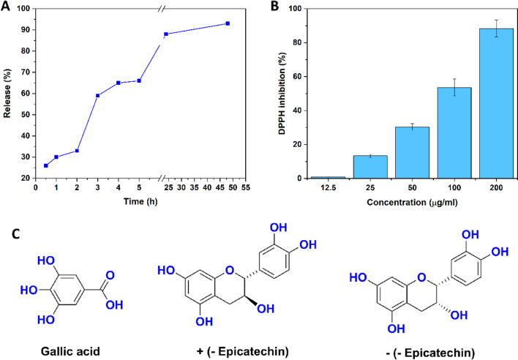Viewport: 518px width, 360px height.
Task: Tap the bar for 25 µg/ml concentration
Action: click(370, 167)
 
